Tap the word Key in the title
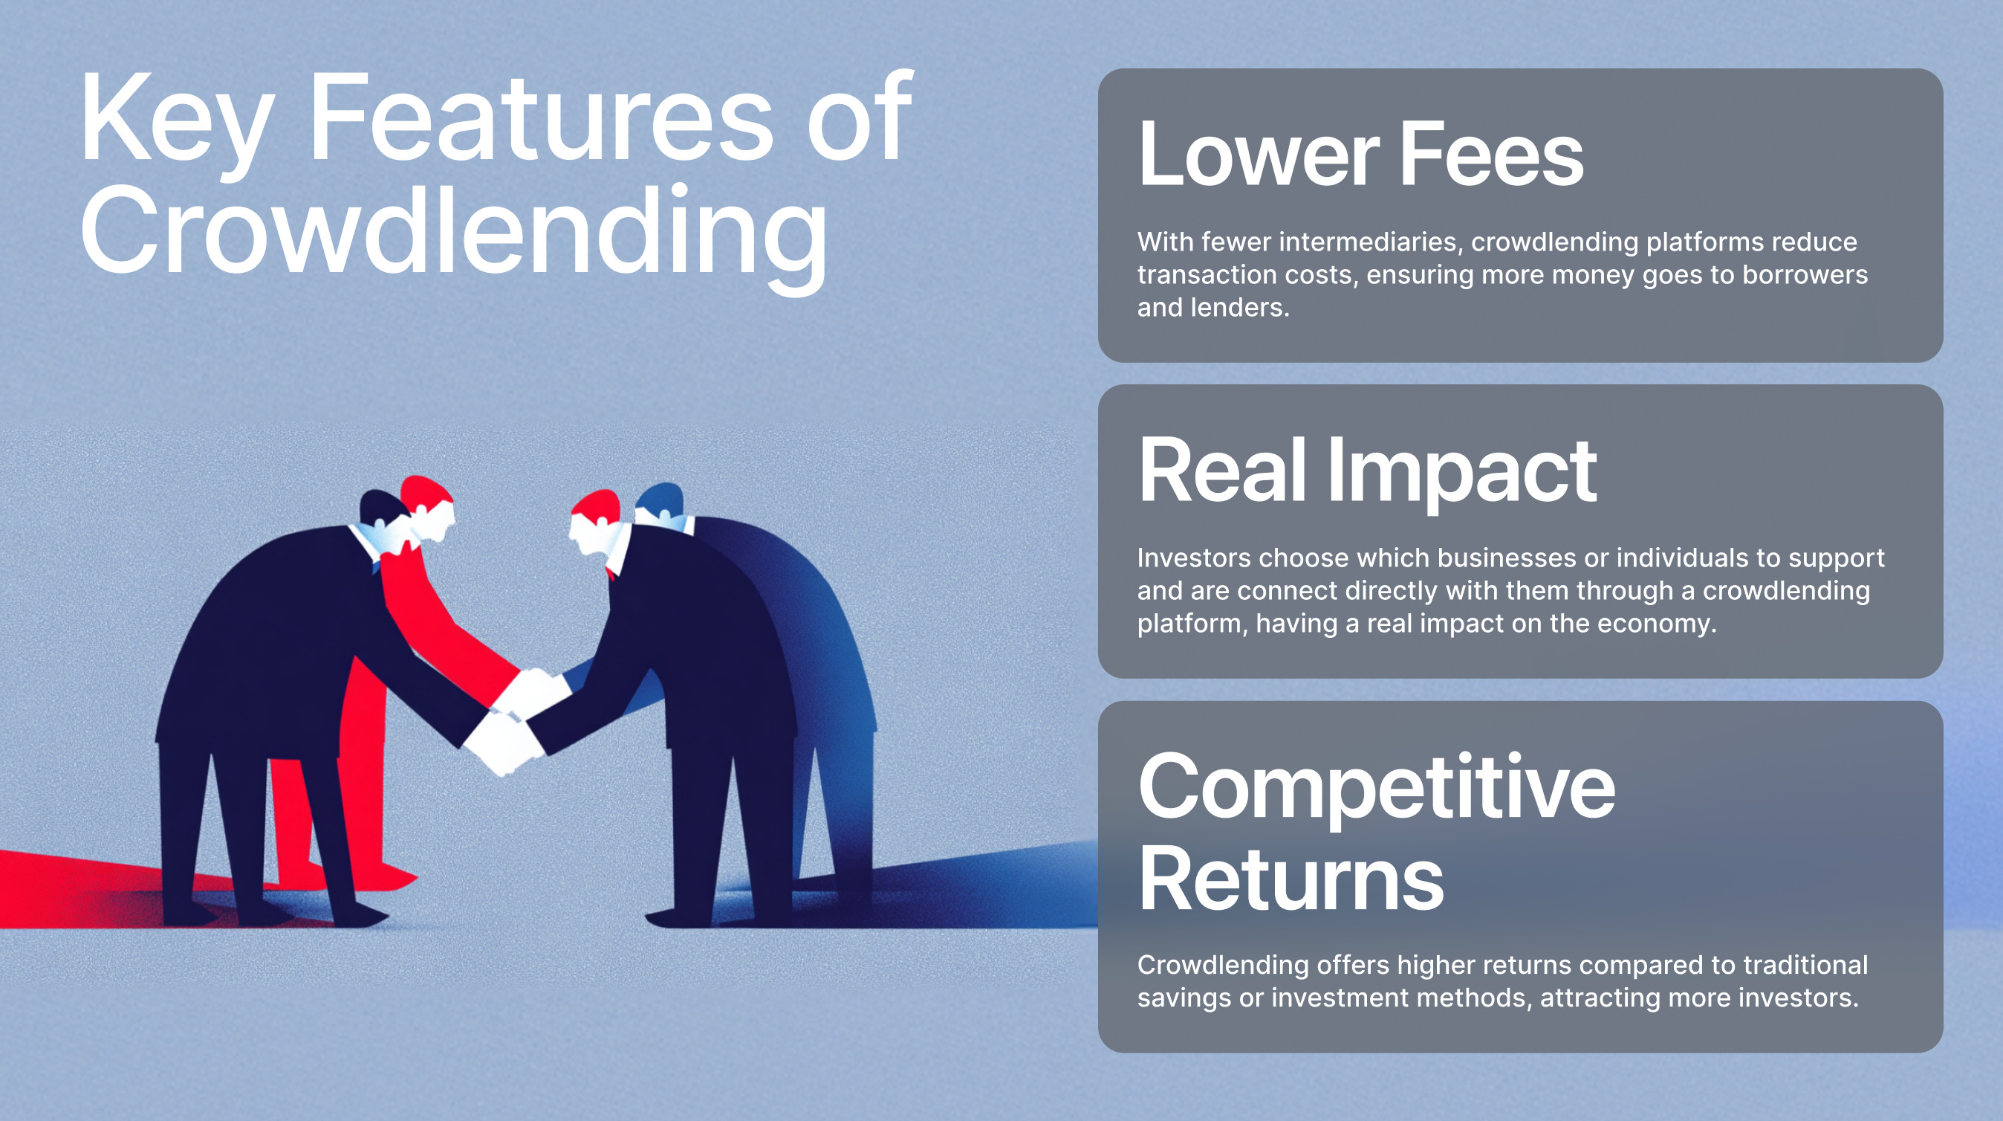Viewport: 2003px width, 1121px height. tap(177, 124)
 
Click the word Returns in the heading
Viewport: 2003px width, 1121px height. tap(1291, 879)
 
